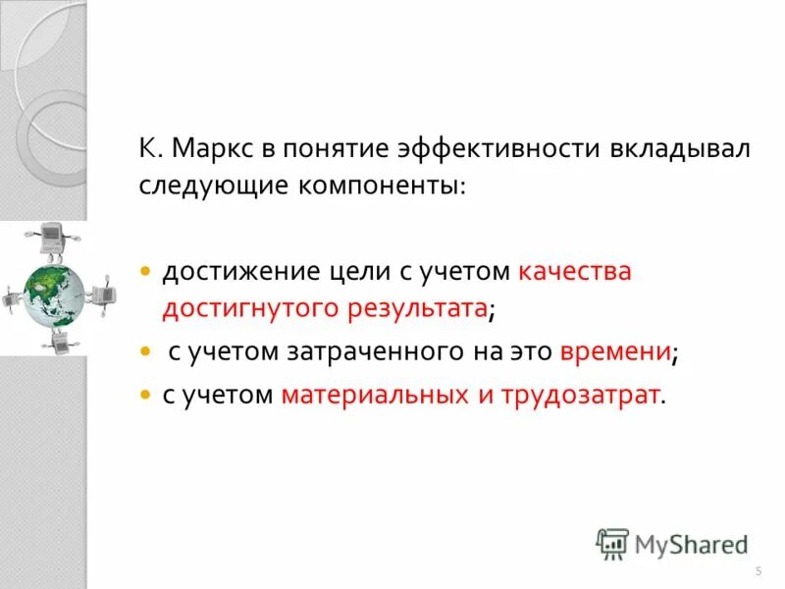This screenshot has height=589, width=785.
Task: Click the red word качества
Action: pos(574,271)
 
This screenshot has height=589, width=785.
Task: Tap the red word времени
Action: pos(615,351)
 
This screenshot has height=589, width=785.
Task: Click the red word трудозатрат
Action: pos(580,395)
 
